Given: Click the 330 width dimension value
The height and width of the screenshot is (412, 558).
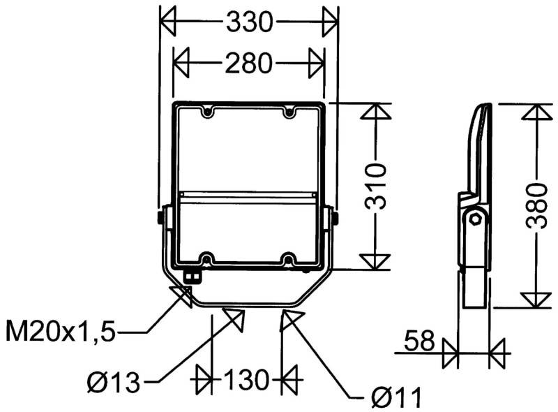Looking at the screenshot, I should click(x=249, y=23).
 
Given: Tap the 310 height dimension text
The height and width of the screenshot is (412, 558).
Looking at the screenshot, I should click(x=377, y=187).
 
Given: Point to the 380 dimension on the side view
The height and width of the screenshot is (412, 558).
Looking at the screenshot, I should click(x=536, y=207).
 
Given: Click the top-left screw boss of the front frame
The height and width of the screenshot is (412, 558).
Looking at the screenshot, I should click(x=206, y=111).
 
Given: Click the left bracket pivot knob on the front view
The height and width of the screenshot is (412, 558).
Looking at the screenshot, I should click(x=161, y=217).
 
